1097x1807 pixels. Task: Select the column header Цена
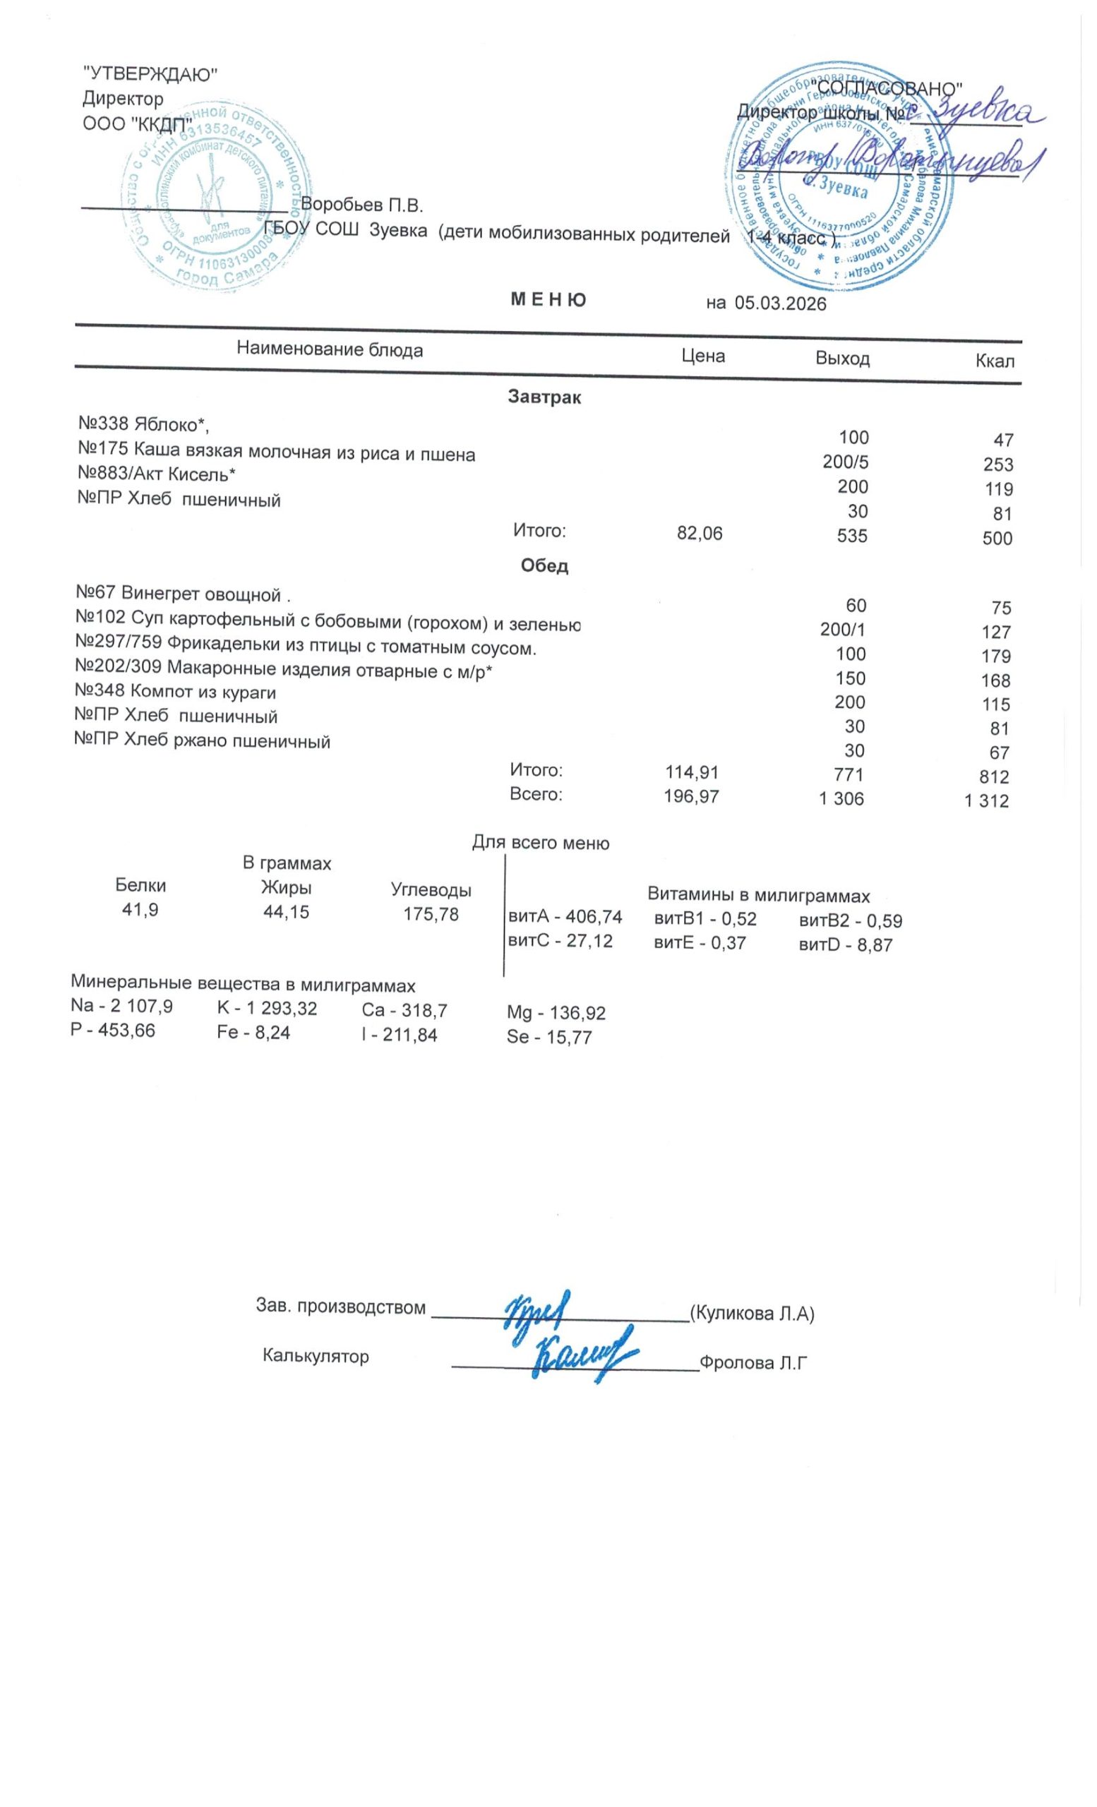[703, 356]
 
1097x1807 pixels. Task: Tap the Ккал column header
[995, 361]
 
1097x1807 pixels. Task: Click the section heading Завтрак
[544, 398]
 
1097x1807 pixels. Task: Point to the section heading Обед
[544, 565]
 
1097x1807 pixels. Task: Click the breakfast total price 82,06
[700, 534]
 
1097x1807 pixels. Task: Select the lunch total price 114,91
[692, 772]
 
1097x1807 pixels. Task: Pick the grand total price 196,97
[692, 796]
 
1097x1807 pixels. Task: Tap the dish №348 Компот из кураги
[176, 692]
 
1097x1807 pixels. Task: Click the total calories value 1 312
[986, 802]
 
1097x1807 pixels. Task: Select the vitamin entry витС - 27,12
[561, 941]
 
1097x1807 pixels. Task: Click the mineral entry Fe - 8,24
[253, 1033]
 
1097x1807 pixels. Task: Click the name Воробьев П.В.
[362, 205]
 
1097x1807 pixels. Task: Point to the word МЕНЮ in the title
[548, 300]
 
